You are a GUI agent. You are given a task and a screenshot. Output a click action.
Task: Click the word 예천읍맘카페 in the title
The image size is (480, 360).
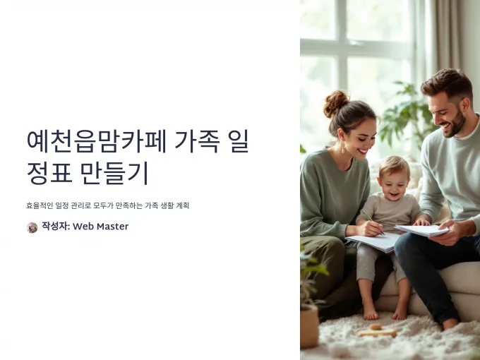click(97, 141)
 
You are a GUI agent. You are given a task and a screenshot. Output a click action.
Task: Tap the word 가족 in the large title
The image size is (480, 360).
click(197, 141)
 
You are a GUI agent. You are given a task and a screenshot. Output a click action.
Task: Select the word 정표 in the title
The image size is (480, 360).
click(49, 173)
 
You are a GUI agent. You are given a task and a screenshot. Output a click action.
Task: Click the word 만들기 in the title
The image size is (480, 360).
click(115, 173)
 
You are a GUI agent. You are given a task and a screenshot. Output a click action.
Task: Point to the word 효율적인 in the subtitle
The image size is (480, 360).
click(40, 205)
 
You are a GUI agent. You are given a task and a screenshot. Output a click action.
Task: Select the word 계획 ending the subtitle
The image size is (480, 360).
click(182, 205)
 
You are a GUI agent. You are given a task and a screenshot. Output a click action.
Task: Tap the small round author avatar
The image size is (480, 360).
click(32, 227)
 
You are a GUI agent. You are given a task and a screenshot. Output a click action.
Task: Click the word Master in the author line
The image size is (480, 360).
click(113, 226)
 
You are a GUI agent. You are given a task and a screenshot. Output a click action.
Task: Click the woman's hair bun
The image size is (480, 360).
click(336, 103)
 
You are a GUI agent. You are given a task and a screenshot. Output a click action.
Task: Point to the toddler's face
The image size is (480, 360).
click(392, 184)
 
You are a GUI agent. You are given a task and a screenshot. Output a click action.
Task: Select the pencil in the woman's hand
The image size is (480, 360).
click(373, 222)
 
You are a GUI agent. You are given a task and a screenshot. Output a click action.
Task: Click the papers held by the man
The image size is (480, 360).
click(423, 230)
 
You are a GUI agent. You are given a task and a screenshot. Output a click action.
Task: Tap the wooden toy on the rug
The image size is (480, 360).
click(377, 331)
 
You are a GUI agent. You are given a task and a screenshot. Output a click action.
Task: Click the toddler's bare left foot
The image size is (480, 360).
click(371, 313)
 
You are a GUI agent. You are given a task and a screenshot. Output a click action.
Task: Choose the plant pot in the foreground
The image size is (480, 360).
click(308, 327)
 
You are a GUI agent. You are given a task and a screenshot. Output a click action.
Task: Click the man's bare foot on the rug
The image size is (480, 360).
click(450, 323)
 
